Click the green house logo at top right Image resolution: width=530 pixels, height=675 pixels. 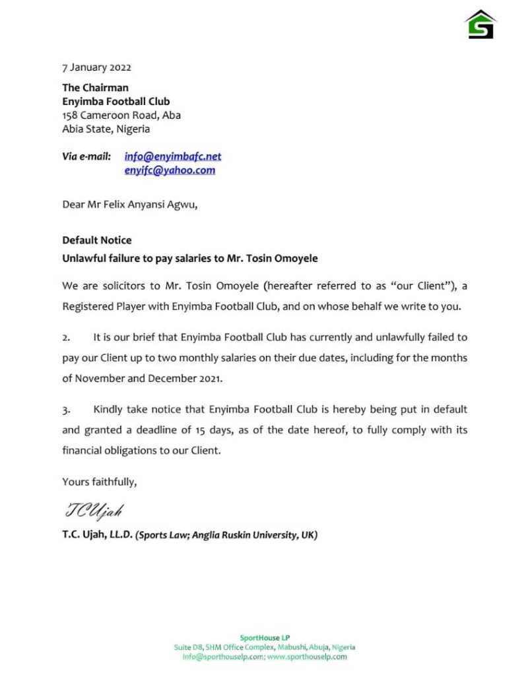click(x=480, y=24)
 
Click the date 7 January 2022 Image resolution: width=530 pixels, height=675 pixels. click(x=96, y=67)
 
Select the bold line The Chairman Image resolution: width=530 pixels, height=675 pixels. click(x=95, y=87)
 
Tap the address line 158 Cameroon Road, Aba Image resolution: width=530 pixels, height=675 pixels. click(x=121, y=115)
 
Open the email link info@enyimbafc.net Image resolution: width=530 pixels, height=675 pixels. click(x=173, y=156)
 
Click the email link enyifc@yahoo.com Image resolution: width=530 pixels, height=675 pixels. click(x=170, y=170)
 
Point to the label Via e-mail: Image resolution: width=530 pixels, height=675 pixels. click(x=86, y=156)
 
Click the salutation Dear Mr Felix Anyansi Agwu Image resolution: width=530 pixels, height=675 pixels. click(x=129, y=204)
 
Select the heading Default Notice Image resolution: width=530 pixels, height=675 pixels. click(x=96, y=240)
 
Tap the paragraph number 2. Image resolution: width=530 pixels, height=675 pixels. click(x=66, y=337)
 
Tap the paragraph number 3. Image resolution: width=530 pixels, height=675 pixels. click(x=66, y=410)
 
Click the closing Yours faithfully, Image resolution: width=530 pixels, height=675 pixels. click(x=99, y=482)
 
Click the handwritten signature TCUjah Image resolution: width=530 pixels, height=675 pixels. click(x=94, y=511)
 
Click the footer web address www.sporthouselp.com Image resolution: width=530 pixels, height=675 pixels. click(x=308, y=657)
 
